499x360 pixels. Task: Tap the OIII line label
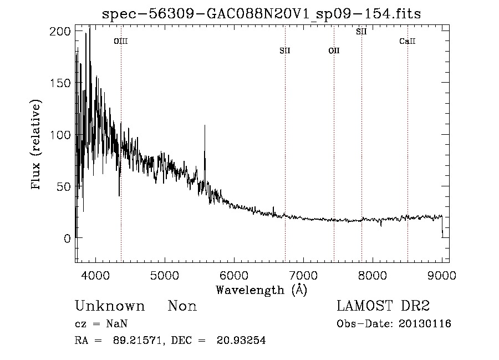tap(121, 41)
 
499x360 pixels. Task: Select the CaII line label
tap(408, 41)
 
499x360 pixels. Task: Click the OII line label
tap(334, 51)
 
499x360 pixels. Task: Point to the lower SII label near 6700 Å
tap(285, 51)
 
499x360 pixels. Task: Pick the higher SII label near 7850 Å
tap(361, 32)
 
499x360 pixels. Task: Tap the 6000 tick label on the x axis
tap(234, 275)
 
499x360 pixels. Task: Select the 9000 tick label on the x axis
tap(442, 275)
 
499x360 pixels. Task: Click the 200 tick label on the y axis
tap(59, 32)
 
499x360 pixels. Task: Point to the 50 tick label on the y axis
tap(63, 186)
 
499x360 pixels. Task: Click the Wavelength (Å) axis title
tap(261, 290)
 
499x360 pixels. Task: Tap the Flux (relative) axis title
tap(37, 145)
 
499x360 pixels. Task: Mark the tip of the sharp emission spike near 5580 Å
tap(205, 126)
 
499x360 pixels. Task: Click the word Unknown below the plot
tap(110, 306)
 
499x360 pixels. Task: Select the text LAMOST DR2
tap(383, 306)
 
